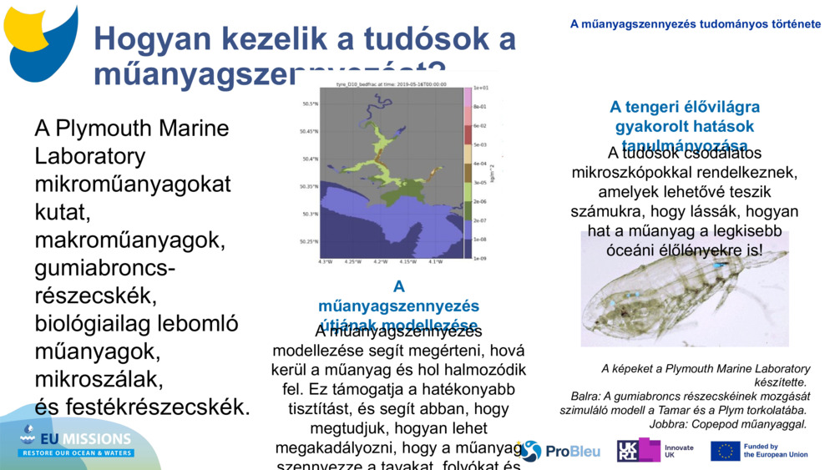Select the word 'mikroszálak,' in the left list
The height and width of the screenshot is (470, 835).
[99, 380]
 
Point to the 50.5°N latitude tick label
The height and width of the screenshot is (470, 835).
[309, 104]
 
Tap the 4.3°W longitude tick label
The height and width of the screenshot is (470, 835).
[325, 262]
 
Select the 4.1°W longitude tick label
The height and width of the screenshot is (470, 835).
[435, 262]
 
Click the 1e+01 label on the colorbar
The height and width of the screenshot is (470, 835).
[481, 87]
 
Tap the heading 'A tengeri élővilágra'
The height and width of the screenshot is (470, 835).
[684, 107]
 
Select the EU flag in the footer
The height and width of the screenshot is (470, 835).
[725, 451]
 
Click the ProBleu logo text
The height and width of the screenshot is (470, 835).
[573, 452]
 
